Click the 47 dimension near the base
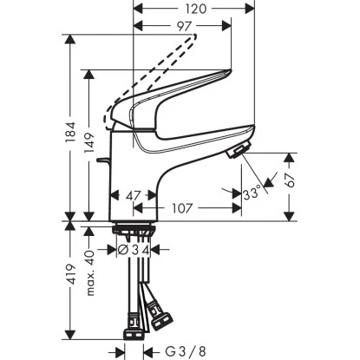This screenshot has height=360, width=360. pos(132,197)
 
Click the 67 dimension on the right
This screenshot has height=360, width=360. pos(293,184)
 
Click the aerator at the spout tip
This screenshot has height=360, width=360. pos(234,154)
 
